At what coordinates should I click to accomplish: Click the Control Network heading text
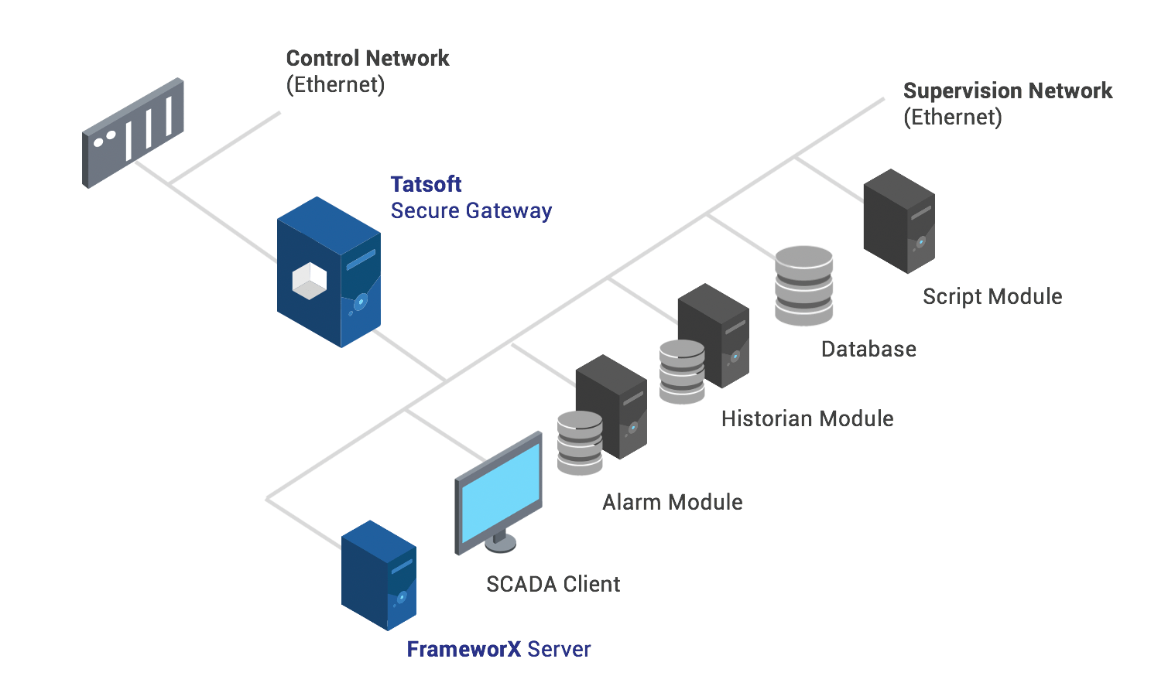coord(367,58)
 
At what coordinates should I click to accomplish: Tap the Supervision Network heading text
coord(1007,90)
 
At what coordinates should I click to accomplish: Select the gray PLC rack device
coord(132,133)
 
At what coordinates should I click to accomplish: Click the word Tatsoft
coord(426,184)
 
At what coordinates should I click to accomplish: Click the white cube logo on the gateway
coord(309,281)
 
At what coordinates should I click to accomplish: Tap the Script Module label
coord(992,296)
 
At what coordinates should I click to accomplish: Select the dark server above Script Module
coord(899,221)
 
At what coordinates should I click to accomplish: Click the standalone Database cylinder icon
coord(803,285)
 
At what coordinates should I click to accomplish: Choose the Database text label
coord(868,349)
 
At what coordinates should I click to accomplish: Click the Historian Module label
coord(807,418)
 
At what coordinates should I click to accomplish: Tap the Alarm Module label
coord(672,502)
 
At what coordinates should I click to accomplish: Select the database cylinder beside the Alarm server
coord(580,442)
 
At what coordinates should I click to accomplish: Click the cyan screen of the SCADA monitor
coord(500,492)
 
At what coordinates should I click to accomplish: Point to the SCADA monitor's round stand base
coord(500,544)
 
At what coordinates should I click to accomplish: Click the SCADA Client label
coord(553,584)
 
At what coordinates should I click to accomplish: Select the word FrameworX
coord(463,649)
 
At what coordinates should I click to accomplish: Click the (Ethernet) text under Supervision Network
coord(952,117)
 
